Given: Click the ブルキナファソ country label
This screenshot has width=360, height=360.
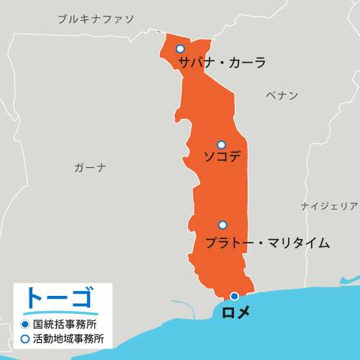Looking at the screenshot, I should (96, 19).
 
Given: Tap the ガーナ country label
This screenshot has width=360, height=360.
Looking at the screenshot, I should (90, 168).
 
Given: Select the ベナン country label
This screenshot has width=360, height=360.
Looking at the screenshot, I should (282, 96).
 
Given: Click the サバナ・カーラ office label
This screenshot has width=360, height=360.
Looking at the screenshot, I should (222, 63).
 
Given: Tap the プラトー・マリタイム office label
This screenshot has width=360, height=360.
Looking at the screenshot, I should (267, 243).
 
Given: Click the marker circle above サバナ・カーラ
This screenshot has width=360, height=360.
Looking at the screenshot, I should (180, 49).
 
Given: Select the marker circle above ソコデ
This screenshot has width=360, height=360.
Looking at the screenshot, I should (221, 145).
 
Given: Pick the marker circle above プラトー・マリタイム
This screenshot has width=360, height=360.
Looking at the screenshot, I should (222, 225).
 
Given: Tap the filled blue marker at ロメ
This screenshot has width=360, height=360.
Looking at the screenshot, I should (234, 296).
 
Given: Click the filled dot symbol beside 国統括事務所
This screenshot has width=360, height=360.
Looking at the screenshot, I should (24, 324).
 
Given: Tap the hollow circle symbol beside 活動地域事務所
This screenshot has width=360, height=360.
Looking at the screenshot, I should (24, 338).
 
